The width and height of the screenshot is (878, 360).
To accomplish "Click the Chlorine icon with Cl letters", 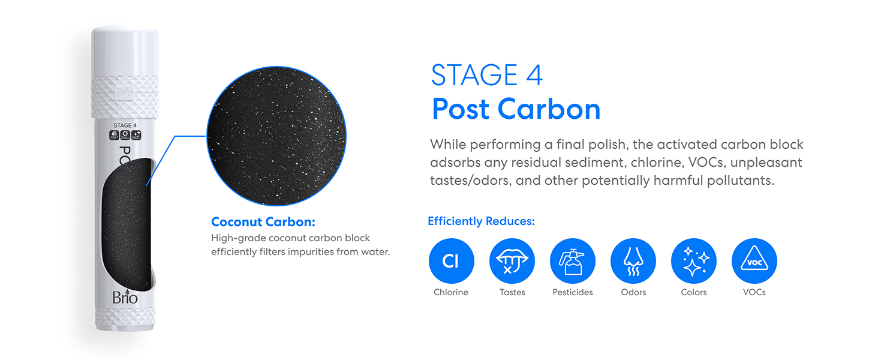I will [x=451, y=261].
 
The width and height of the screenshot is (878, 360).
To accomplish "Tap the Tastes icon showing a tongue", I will [x=512, y=261].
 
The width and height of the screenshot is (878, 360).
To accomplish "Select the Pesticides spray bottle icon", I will [x=573, y=261].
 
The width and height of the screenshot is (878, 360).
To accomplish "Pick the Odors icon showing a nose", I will [x=633, y=261].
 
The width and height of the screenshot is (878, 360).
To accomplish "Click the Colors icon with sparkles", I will [x=694, y=261].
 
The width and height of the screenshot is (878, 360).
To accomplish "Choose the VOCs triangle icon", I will [x=754, y=261].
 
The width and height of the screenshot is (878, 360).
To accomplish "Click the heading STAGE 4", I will [x=487, y=76].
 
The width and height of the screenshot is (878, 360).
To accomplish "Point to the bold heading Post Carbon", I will [x=516, y=109].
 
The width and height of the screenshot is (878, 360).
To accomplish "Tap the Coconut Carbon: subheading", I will [x=263, y=222].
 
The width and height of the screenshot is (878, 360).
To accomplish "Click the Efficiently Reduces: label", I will [x=481, y=221].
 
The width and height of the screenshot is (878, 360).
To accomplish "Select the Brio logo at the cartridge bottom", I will [x=125, y=298].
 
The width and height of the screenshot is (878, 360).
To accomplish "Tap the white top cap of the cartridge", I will [x=125, y=51].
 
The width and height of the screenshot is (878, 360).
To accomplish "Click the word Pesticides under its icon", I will [x=573, y=292].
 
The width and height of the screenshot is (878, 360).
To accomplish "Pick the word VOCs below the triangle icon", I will [x=754, y=292].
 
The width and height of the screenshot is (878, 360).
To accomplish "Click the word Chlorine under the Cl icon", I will [x=451, y=292].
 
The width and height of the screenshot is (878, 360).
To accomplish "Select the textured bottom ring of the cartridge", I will [x=125, y=316].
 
